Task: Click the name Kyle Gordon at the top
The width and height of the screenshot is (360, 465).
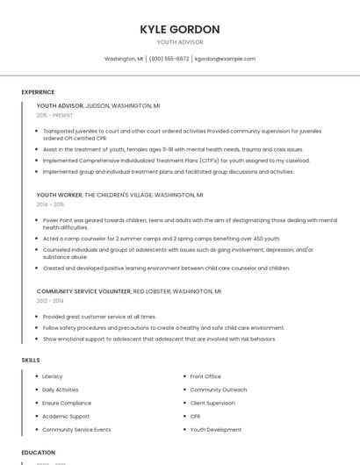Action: pos(180,29)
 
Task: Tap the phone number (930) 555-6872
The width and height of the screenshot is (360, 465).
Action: pos(169,59)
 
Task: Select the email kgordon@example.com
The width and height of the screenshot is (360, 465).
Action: pos(225,59)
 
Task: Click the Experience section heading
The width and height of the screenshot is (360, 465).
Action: pos(38,92)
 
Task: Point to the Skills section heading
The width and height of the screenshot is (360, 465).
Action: pos(31,360)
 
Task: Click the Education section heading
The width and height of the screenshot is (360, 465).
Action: pos(39,453)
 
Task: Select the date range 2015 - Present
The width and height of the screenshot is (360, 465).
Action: pos(54,115)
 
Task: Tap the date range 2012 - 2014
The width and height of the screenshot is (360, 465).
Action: pos(50,300)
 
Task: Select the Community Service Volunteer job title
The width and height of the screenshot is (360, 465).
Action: pos(83,290)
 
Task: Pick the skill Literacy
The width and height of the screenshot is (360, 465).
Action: pos(53,376)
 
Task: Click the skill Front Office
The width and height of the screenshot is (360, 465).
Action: pos(205,376)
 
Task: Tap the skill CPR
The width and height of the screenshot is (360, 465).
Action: pos(196,417)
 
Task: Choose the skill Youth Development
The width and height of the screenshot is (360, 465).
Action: pos(215,430)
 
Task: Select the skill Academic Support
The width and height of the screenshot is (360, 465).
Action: pos(66,417)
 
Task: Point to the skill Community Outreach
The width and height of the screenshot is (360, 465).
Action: pos(219,390)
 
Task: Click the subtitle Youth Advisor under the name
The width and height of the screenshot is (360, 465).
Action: pos(180,42)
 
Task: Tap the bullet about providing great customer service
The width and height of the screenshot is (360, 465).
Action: pos(99,317)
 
